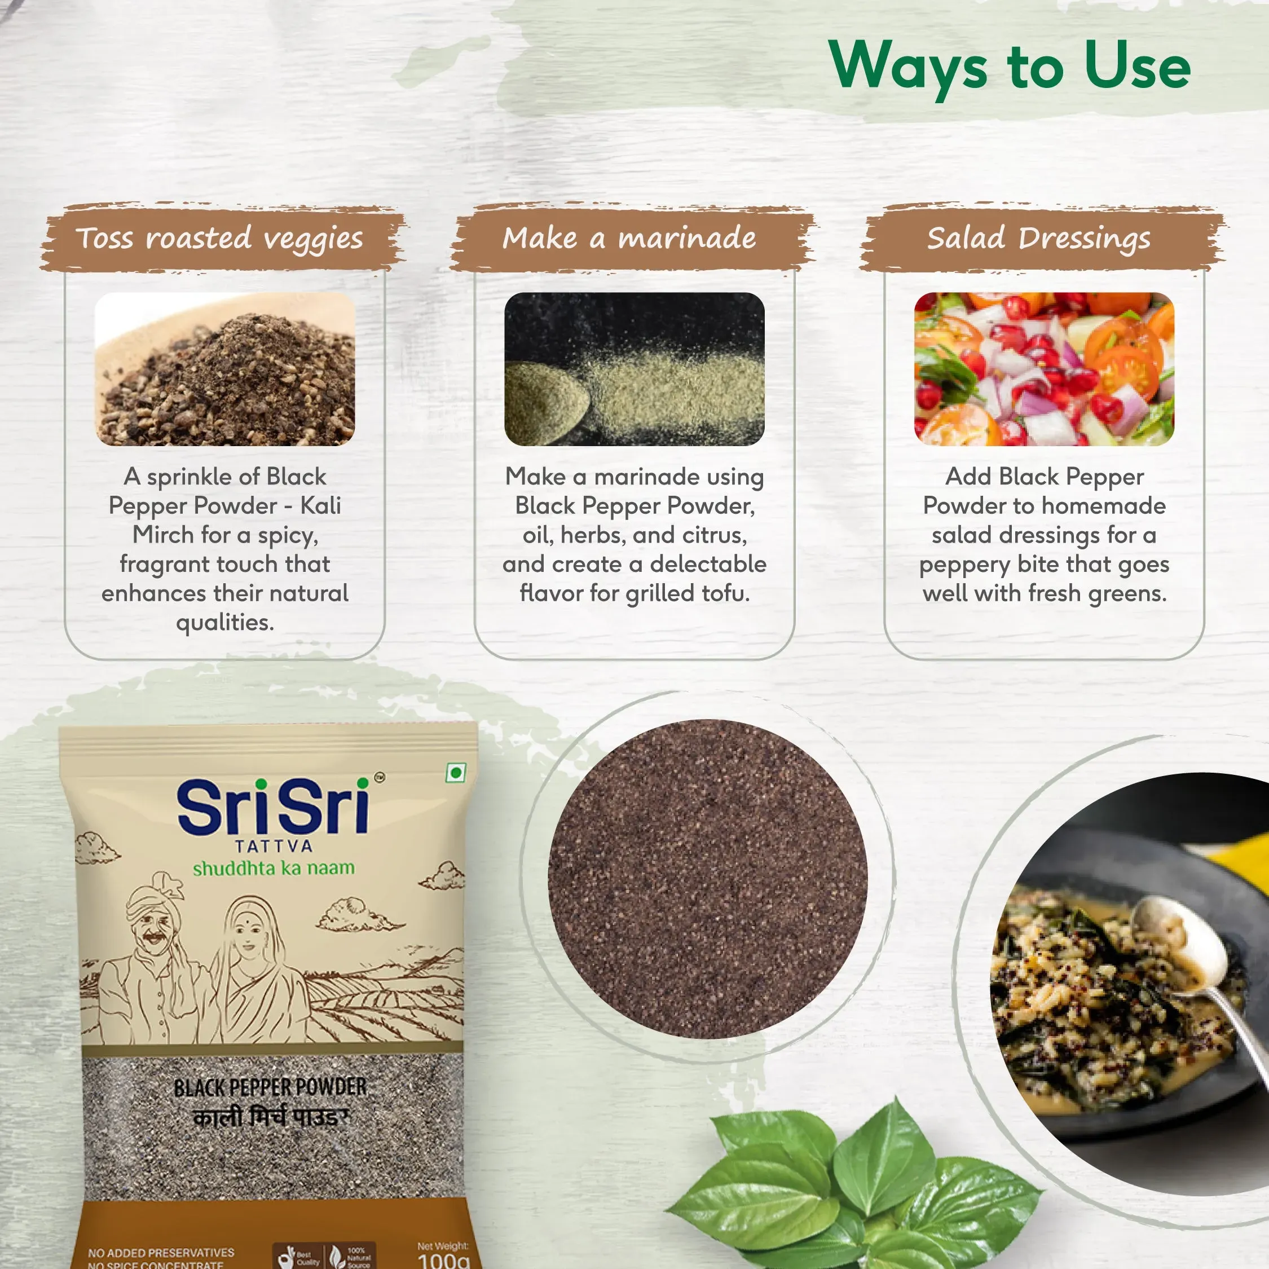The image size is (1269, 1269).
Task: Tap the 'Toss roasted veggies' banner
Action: [219, 238]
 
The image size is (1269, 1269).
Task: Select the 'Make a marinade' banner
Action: [629, 238]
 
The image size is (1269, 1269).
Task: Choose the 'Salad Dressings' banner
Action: [1038, 238]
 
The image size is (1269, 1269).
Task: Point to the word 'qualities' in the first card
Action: [224, 622]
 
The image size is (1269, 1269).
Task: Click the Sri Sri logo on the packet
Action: [272, 807]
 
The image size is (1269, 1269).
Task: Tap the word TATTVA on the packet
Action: [274, 846]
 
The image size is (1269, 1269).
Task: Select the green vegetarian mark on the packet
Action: [455, 773]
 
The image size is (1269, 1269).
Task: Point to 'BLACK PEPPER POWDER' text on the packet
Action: [270, 1087]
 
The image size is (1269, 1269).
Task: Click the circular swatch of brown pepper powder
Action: [707, 879]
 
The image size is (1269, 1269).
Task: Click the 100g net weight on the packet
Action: [444, 1260]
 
